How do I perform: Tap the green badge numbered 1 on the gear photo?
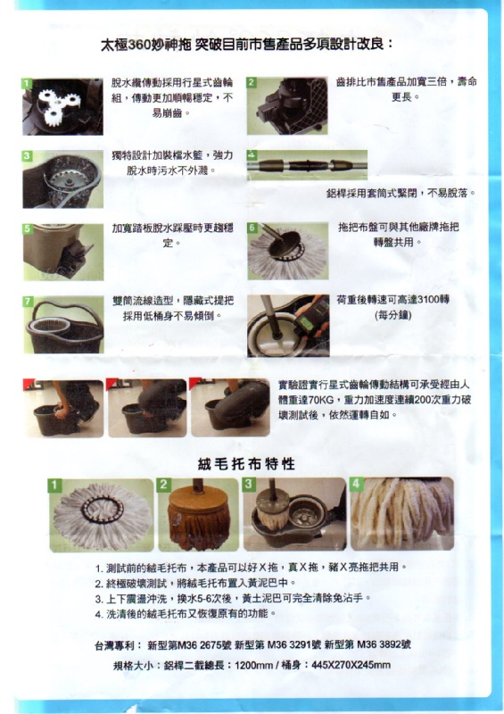click(28, 84)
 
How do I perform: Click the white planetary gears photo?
click(62, 106)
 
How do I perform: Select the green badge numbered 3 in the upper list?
click(28, 156)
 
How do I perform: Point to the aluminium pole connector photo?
click(308, 164)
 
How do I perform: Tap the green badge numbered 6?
click(252, 228)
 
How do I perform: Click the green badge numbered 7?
click(29, 302)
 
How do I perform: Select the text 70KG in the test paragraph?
click(308, 400)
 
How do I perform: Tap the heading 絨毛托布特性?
click(247, 464)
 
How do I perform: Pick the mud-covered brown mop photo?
click(199, 515)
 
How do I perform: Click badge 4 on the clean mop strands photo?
click(356, 484)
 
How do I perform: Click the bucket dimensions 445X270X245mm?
click(351, 665)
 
